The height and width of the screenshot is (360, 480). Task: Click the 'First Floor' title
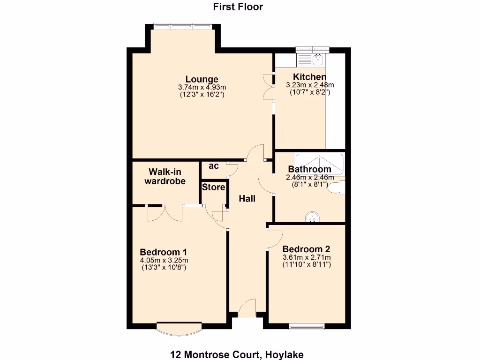238,7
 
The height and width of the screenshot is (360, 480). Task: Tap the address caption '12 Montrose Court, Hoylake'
238,355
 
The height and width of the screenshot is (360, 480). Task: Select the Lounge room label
202,79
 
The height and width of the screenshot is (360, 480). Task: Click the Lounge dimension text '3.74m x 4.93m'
202,87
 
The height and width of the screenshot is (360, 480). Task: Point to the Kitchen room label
310,77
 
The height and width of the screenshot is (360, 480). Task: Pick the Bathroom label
309,169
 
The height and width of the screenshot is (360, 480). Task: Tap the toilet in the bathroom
336,188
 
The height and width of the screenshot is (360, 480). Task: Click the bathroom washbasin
312,217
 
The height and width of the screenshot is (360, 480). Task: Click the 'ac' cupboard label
213,166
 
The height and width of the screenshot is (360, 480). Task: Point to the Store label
213,187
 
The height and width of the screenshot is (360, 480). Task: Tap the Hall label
247,199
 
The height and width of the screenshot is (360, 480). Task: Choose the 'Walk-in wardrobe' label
165,177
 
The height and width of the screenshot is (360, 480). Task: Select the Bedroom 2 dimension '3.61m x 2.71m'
307,258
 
